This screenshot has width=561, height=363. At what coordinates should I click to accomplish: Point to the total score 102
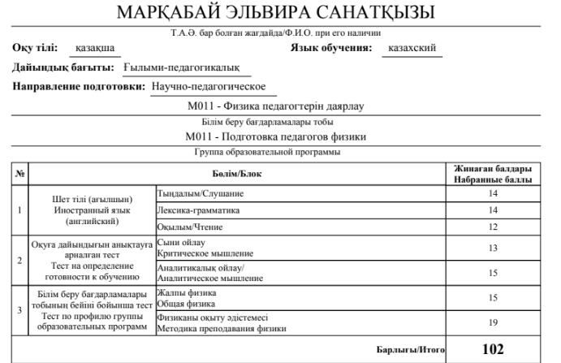(493, 349)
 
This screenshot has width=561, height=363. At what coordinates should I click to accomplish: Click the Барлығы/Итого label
(411, 350)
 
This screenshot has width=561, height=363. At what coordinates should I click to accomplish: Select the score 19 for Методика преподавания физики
(493, 322)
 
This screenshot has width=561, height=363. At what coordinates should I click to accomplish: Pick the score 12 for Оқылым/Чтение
(493, 227)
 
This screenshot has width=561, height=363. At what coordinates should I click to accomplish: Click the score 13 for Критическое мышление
(493, 248)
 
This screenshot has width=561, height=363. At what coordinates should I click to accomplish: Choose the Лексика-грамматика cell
(195, 210)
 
